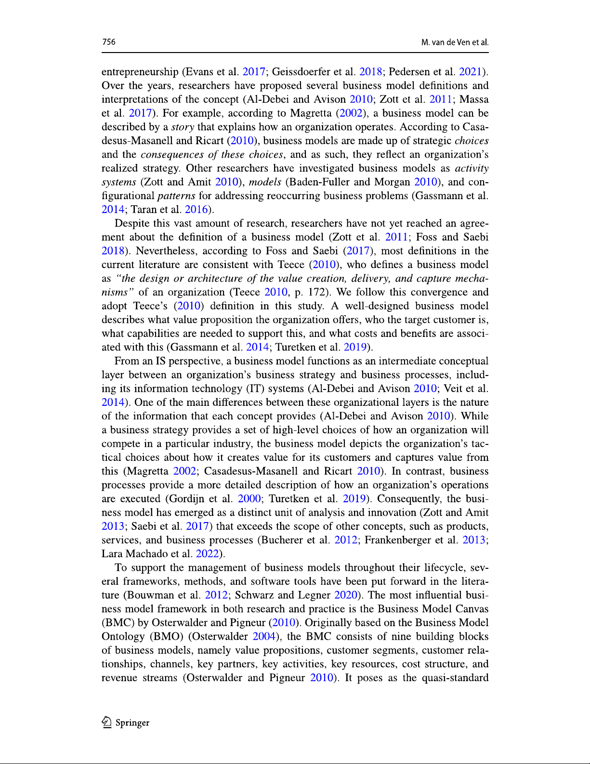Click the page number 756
[x=109, y=42]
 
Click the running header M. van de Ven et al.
[x=455, y=42]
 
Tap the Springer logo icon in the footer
[x=107, y=722]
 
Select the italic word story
[x=183, y=127]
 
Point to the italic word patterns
[x=176, y=196]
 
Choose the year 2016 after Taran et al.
[x=197, y=210]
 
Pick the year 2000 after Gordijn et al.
[x=249, y=499]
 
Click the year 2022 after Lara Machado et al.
[x=208, y=554]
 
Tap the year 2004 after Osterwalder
[x=264, y=636]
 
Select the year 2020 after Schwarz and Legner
[x=346, y=595]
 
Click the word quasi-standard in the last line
[x=455, y=678]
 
